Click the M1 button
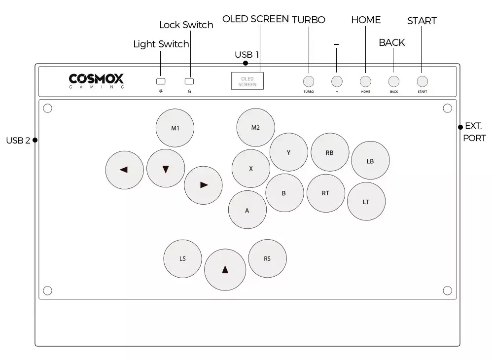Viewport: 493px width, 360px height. [175, 128]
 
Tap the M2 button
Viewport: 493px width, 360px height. [255, 127]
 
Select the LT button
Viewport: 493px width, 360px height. [366, 201]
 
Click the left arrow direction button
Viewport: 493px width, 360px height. [124, 170]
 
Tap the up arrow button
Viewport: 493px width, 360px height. [225, 269]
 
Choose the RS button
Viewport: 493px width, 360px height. [267, 258]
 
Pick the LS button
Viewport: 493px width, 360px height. [183, 258]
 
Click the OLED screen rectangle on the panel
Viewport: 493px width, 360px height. [247, 81]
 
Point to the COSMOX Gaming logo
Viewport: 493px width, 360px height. [97, 81]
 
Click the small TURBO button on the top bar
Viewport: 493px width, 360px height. [309, 81]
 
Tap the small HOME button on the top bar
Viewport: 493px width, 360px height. [365, 81]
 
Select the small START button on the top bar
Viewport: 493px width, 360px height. [422, 81]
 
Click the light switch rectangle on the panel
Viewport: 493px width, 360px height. [161, 81]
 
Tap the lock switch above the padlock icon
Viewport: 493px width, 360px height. [189, 81]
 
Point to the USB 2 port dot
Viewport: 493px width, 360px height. [35, 140]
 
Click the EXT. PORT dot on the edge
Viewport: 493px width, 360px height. [460, 127]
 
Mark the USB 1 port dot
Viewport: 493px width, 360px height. [246, 63]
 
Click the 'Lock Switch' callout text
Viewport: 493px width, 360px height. [186, 25]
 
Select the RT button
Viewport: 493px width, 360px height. [325, 193]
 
